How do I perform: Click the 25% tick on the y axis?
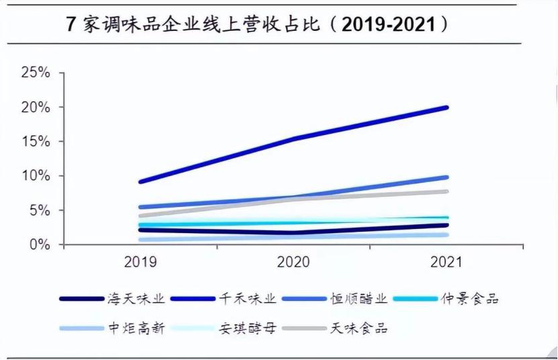coord(36,73)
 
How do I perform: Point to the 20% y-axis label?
coord(36,107)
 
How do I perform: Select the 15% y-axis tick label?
coord(36,141)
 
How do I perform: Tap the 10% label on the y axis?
coord(36,176)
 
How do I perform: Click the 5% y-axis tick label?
coord(40,210)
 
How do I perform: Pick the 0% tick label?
coord(40,244)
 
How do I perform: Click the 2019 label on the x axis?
coord(140,262)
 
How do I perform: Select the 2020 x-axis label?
coord(293,262)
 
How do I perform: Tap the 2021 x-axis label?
coord(445,262)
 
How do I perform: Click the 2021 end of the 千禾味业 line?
coord(447,107)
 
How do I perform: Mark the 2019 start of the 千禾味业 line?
coord(140,181)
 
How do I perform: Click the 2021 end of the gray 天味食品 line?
coord(447,191)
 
